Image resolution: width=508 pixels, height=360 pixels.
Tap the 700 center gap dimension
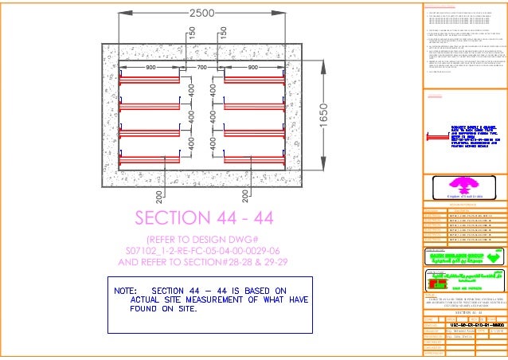click(203, 68)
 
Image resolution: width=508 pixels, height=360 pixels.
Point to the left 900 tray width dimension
click(151, 68)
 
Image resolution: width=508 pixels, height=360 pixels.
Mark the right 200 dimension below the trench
click(248, 194)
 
